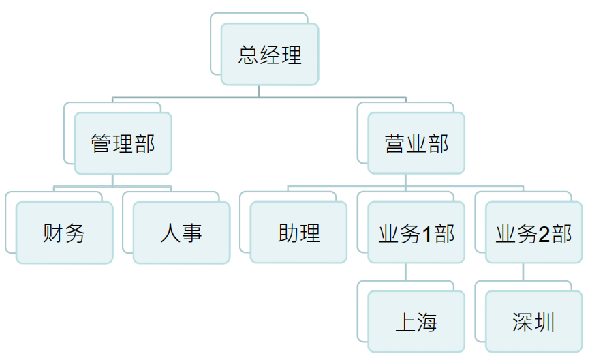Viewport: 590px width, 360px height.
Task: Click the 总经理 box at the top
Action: [x=270, y=54]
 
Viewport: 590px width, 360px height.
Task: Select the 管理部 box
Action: [x=123, y=143]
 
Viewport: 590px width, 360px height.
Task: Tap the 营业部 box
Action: [x=416, y=143]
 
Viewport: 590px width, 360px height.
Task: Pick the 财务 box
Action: [x=64, y=232]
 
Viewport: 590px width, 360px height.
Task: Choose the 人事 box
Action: [x=181, y=232]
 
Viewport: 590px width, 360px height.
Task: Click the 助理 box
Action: [x=298, y=232]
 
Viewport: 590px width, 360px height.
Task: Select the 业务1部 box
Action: [x=416, y=232]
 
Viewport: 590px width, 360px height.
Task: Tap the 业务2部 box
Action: [x=534, y=232]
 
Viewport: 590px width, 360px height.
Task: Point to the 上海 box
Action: [x=416, y=321]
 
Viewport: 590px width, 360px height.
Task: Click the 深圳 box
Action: [x=534, y=321]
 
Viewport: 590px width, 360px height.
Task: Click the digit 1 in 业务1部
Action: [x=426, y=234]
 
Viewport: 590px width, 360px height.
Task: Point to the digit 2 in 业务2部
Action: [x=544, y=234]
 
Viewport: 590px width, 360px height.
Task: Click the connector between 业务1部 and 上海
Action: [x=405, y=271]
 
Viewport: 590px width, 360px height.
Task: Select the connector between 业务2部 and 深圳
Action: [x=523, y=271]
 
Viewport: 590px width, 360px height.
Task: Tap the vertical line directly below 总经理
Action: [x=259, y=91]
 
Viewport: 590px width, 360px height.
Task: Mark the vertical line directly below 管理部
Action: [x=112, y=181]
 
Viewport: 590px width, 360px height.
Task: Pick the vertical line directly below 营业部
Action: [x=405, y=180]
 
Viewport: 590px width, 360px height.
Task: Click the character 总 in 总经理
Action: [x=249, y=55]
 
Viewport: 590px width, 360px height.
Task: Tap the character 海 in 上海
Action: [x=427, y=322]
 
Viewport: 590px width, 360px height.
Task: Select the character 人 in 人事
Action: [x=170, y=233]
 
